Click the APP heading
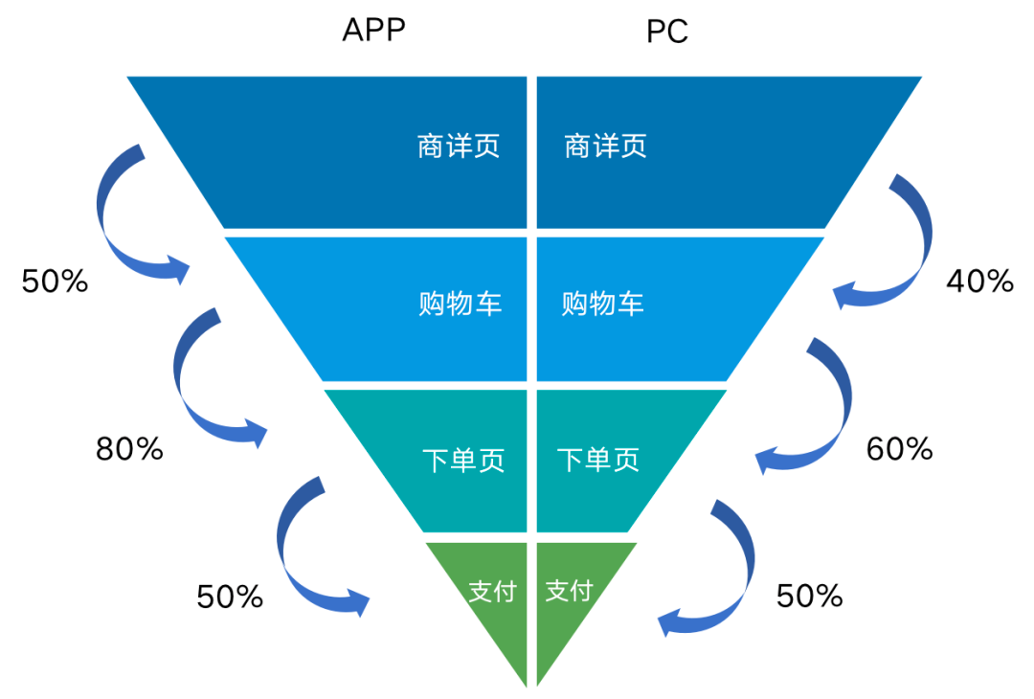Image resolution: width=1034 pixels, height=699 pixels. coord(374,30)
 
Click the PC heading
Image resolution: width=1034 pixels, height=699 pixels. coord(667,31)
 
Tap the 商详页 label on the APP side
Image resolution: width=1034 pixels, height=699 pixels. coord(459,146)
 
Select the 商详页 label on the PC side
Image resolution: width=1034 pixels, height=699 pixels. coord(605,146)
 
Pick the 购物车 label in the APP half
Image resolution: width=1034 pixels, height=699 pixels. coord(461,304)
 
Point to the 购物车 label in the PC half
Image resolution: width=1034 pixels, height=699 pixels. coord(603,304)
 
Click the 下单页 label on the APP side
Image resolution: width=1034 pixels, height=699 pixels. coord(463,460)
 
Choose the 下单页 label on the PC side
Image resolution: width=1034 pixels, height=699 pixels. coord(598,460)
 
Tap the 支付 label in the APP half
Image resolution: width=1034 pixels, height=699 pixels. coord(492,591)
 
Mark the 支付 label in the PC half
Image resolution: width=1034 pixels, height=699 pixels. coord(569,590)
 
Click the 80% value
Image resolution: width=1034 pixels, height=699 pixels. coord(129,449)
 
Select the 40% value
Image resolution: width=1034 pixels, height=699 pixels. coord(980,281)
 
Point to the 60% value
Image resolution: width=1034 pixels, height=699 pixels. coord(899,449)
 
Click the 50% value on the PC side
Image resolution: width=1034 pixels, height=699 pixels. coord(810,596)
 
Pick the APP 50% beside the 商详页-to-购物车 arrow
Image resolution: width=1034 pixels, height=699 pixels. coord(55,281)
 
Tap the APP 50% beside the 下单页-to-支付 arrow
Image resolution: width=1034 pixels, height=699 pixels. coord(230,597)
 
